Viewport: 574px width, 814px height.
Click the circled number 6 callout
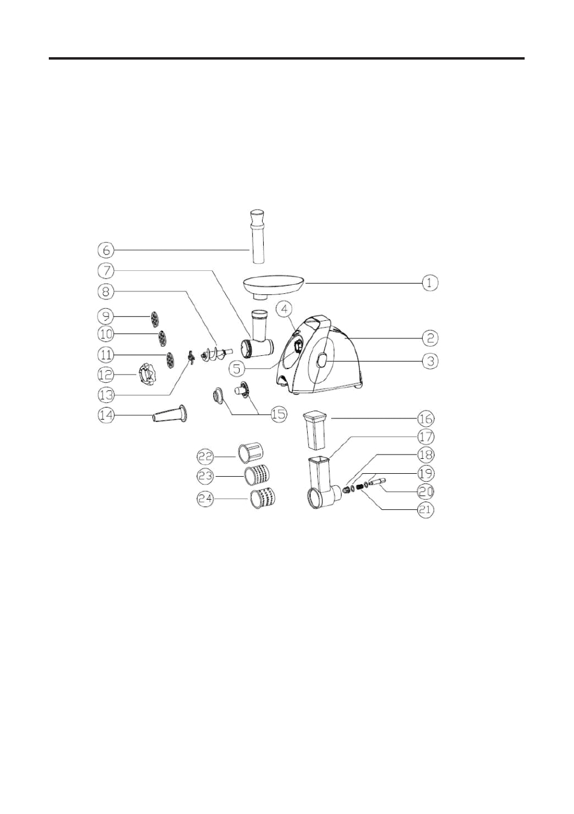click(106, 250)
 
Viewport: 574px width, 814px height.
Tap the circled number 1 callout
click(429, 283)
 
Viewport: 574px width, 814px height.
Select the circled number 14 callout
click(106, 415)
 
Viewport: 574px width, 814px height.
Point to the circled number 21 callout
click(426, 510)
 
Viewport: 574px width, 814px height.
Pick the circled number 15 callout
click(278, 414)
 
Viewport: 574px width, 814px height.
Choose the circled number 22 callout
click(205, 457)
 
